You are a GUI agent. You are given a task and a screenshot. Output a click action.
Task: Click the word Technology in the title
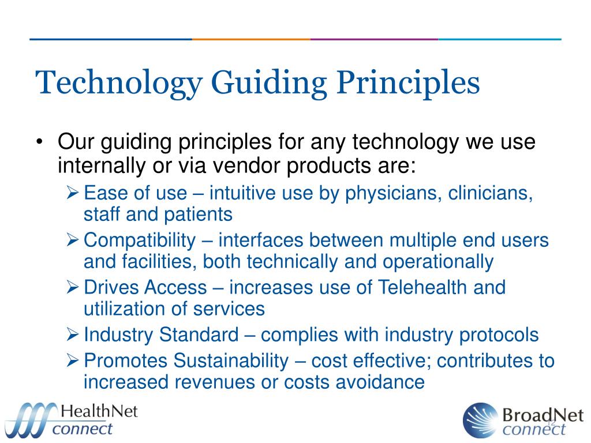tap(118, 82)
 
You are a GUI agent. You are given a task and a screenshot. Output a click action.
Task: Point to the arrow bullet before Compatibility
tap(73, 241)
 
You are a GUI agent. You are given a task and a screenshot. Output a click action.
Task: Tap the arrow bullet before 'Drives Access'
tap(73, 287)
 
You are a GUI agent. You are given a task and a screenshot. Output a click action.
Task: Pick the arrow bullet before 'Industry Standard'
tap(73, 335)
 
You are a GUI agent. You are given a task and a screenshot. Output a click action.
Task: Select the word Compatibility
tap(140, 240)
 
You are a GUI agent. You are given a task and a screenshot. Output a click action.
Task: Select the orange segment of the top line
tap(251, 39)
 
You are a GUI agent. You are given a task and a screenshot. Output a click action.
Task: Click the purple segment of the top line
tap(374, 39)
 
